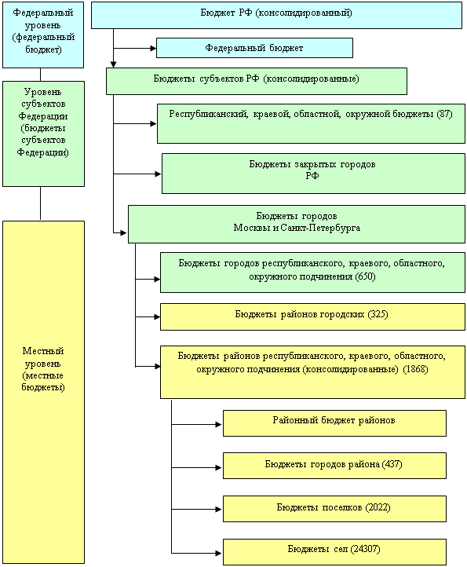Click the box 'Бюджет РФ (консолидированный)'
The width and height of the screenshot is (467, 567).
pos(276,15)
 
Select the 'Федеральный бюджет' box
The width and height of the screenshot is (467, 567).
pos(254,48)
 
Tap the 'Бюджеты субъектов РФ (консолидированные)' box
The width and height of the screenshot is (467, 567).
pos(257,82)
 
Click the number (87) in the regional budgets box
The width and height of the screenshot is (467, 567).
pos(444,114)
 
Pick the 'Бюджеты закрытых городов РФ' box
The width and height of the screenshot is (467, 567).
pos(313,174)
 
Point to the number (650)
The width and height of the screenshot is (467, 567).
pos(366,276)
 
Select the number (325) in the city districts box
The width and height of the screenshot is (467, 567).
pos(378,314)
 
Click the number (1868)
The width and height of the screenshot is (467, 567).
pos(416,369)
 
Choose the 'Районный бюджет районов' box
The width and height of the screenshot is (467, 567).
pos(334,423)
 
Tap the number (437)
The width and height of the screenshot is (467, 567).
pos(392,464)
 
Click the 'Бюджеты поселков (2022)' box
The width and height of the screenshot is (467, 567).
pos(334,509)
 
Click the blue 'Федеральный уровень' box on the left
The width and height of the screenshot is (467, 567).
pos(43,35)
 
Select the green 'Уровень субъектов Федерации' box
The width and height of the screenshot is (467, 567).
pos(43,134)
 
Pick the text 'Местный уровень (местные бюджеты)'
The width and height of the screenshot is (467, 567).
pos(43,369)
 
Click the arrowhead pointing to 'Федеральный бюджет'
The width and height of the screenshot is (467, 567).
pos(153,48)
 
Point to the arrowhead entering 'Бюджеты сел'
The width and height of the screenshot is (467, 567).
pos(218,553)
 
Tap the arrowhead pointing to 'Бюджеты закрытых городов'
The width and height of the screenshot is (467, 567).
pos(158,174)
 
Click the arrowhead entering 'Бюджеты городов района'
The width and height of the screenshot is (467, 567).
pos(218,467)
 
